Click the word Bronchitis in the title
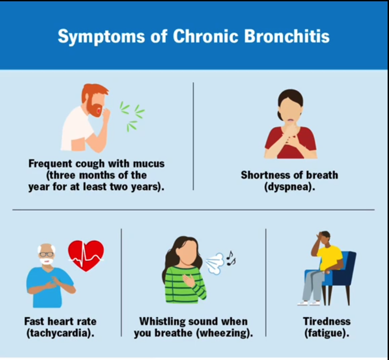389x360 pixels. (287, 36)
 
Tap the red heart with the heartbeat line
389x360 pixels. (86, 255)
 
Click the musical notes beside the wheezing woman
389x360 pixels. (231, 258)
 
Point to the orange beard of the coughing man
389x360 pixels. (94, 108)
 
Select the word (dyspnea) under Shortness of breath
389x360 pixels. (289, 187)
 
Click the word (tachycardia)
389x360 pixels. (60, 333)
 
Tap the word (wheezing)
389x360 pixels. (224, 333)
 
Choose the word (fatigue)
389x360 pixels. (327, 333)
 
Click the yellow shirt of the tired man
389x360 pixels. (329, 258)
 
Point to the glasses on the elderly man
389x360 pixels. (47, 254)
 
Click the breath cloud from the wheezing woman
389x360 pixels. (215, 264)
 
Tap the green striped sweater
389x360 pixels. (185, 285)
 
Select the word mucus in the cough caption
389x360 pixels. (149, 163)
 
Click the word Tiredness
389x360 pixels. (327, 321)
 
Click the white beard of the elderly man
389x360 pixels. (47, 261)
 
